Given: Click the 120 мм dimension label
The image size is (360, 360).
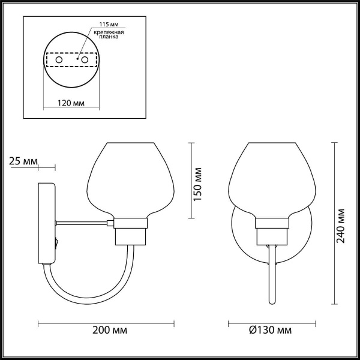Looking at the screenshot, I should (x=71, y=103).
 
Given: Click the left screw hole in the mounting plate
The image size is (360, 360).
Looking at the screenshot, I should (x=59, y=61).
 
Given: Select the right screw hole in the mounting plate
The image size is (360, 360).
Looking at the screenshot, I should (x=85, y=61).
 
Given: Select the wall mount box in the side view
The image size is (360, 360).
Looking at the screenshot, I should (x=47, y=223).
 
